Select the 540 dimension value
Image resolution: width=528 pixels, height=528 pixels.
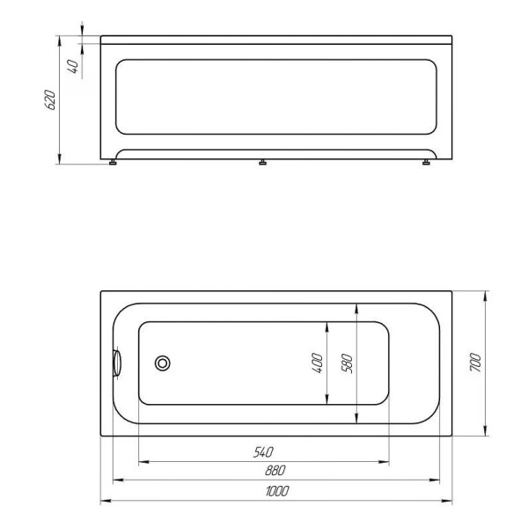[262, 452]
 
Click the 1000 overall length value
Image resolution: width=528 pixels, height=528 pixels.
[276, 492]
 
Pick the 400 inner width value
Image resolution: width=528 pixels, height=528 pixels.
[316, 364]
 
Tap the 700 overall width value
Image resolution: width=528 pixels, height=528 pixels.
[474, 363]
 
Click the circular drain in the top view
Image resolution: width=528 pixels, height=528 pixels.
[163, 363]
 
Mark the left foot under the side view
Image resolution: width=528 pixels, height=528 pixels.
[114, 162]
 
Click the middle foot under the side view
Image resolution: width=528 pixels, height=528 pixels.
[261, 162]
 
